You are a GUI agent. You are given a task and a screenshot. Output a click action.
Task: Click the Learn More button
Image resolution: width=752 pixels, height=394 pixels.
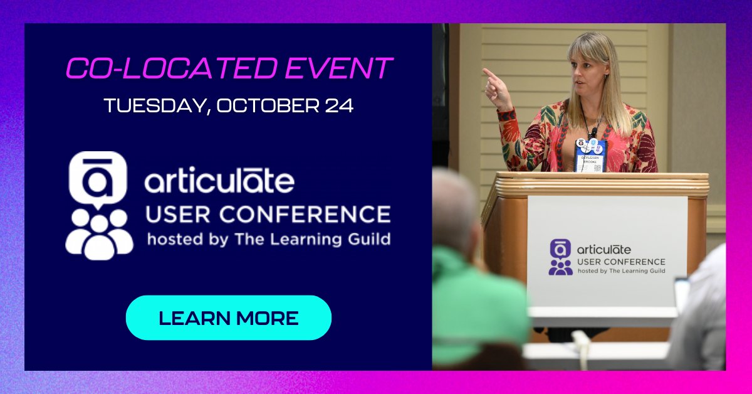[x=228, y=317]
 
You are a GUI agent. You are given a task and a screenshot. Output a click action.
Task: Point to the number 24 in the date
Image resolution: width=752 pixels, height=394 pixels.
[x=339, y=105]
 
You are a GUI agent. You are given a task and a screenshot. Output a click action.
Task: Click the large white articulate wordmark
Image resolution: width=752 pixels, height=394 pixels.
[x=219, y=181]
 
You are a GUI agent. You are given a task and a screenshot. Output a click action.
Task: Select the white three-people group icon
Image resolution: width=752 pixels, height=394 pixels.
[x=99, y=233]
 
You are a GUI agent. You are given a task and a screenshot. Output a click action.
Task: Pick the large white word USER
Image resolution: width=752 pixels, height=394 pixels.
[x=176, y=215]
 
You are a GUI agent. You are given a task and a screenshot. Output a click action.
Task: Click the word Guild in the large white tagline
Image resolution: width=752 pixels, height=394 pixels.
[x=368, y=239]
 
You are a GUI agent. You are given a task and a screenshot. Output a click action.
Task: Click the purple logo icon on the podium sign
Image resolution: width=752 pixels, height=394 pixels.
[x=560, y=257]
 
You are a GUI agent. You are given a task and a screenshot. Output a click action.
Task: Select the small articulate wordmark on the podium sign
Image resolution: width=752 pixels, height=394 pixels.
[x=603, y=250]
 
